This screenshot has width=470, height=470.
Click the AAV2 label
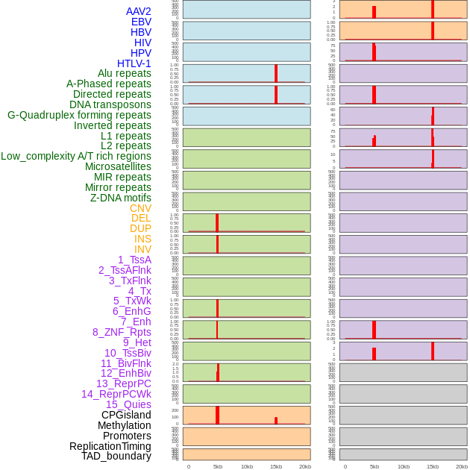click(x=139, y=11)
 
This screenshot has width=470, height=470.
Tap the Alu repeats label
click(x=125, y=73)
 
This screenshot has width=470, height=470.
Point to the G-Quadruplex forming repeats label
click(x=79, y=115)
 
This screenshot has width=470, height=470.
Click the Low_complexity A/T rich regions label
click(x=76, y=156)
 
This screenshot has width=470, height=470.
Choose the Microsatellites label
click(x=118, y=166)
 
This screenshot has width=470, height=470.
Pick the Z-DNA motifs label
click(x=121, y=198)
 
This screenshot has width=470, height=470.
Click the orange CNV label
click(x=140, y=208)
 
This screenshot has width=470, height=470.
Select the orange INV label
click(x=142, y=249)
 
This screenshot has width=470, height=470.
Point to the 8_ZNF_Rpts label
click(x=122, y=332)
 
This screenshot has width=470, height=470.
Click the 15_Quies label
click(x=128, y=404)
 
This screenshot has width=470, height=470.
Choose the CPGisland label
click(x=126, y=415)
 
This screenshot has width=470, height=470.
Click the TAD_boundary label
click(x=116, y=456)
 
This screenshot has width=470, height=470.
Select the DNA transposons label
click(x=110, y=104)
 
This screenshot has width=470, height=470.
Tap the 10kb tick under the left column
click(x=247, y=466)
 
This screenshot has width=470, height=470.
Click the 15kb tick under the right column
click(x=433, y=466)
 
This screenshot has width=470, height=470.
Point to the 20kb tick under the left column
click(x=305, y=466)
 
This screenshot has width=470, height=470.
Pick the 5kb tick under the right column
click(x=375, y=466)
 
